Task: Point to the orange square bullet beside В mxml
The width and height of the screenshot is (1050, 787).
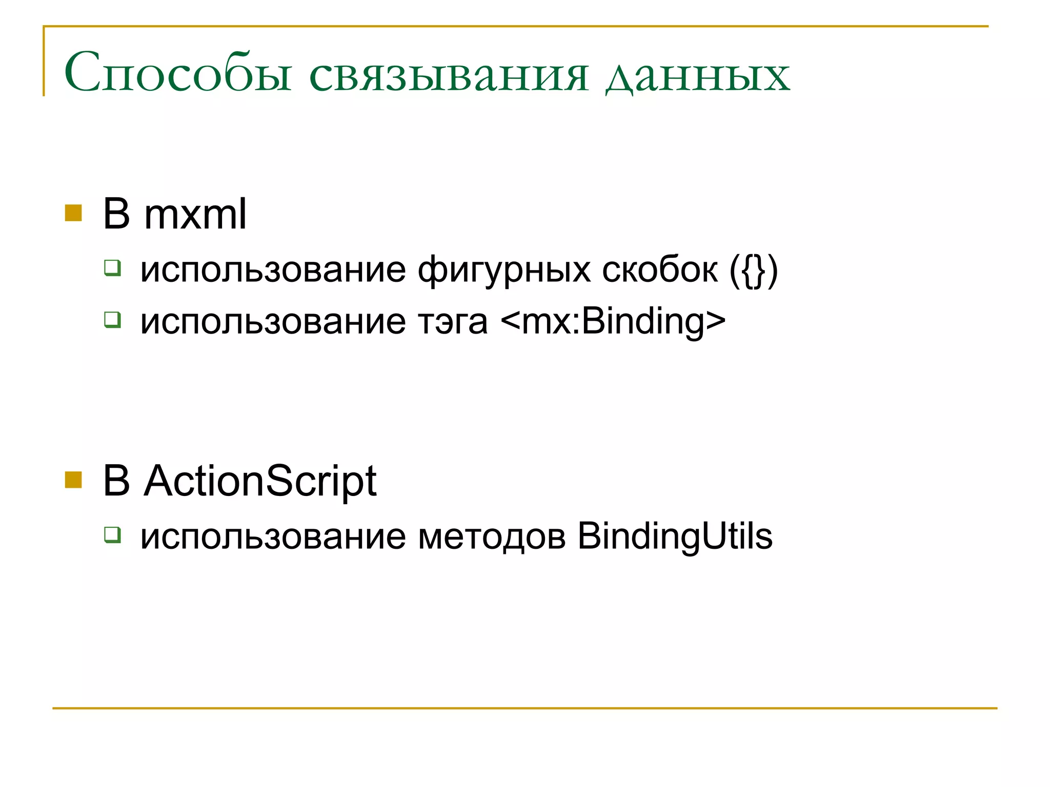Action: point(73,213)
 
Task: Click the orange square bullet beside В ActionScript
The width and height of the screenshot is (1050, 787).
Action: point(73,480)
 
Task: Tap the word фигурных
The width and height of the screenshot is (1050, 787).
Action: point(504,270)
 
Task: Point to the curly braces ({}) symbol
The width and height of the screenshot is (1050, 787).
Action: point(754,270)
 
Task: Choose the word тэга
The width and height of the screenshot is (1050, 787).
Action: point(453,322)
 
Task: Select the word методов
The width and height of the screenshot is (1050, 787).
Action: point(492,537)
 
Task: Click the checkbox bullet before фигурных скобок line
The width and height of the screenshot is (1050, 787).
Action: point(112,267)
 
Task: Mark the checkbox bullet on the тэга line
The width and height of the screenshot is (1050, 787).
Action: point(112,320)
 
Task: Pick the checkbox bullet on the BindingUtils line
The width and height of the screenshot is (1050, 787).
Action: point(112,534)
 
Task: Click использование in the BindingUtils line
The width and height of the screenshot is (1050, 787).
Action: point(273,537)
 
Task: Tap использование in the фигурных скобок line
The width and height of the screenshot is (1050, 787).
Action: point(273,270)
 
